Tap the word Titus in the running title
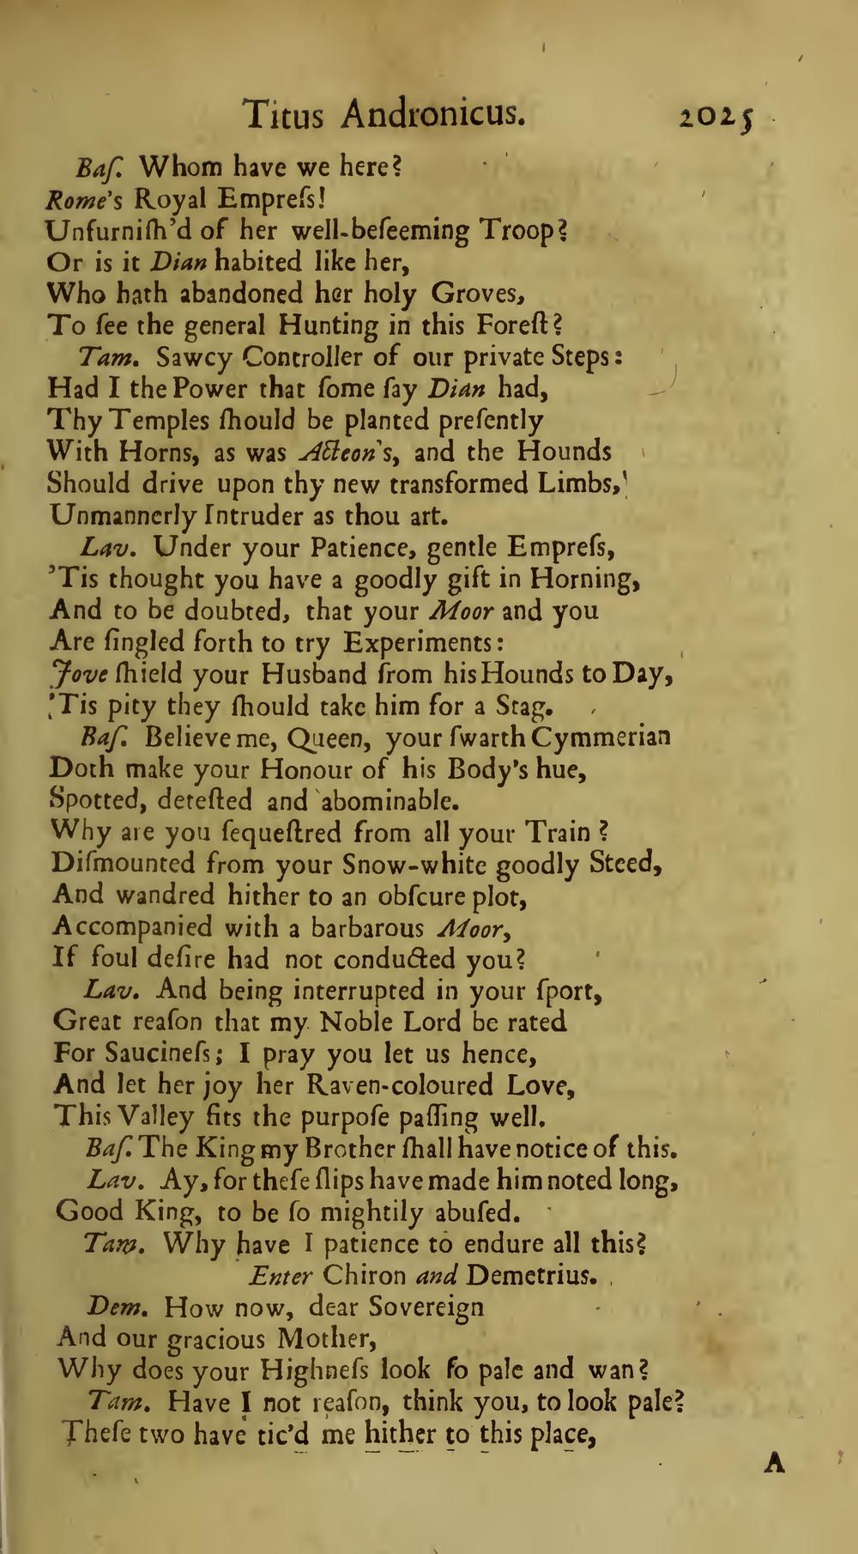tap(283, 112)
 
